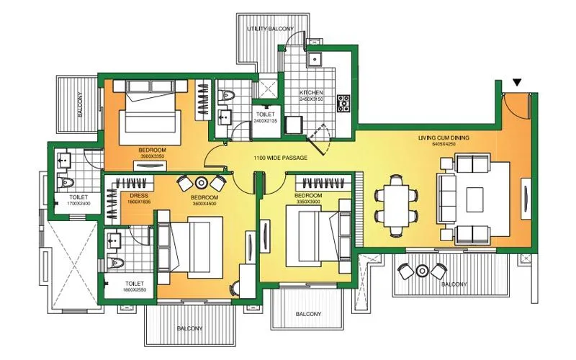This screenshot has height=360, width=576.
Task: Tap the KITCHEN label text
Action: [312, 94]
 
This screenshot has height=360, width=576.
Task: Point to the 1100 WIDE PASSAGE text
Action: [280, 158]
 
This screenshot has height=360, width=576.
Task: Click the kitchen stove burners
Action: [343, 103]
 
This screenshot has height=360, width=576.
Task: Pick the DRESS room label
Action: [139, 196]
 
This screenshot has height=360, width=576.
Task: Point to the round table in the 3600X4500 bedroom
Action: [201, 183]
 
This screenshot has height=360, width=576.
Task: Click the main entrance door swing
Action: [517, 112]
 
